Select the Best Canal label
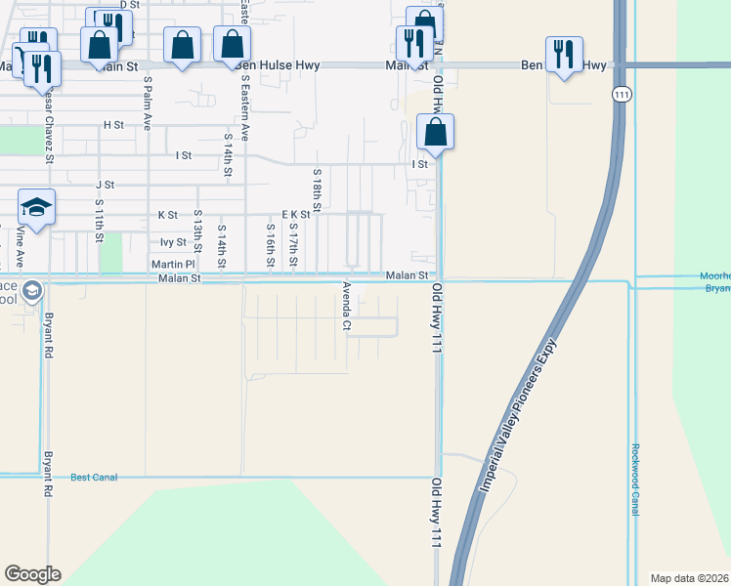(x=94, y=478)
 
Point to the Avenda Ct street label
(x=346, y=307)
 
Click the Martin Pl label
(x=174, y=264)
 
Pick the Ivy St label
(x=173, y=242)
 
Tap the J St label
(x=105, y=184)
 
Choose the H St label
(x=113, y=125)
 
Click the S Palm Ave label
(x=148, y=104)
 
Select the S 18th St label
(x=318, y=186)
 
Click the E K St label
(x=296, y=214)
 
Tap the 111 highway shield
(x=622, y=94)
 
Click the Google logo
(x=32, y=574)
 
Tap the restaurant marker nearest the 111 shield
(x=564, y=56)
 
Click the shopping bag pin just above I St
(x=435, y=133)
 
